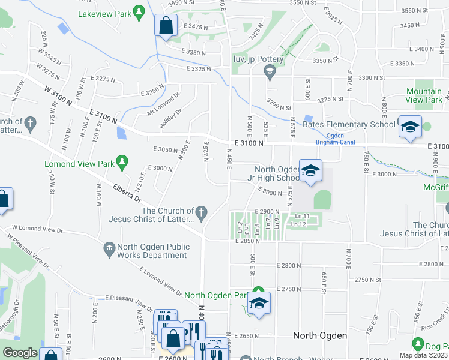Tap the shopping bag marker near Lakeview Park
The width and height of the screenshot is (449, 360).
[x=165, y=26]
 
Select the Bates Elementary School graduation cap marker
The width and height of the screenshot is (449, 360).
[x=410, y=127]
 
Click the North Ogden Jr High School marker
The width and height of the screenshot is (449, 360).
[x=310, y=171]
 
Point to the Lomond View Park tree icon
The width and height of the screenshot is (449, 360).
[x=122, y=163]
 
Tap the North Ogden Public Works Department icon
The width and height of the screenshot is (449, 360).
[x=109, y=248]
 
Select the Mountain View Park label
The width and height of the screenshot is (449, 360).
[x=424, y=95]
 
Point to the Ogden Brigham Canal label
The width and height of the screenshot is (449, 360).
[x=336, y=139]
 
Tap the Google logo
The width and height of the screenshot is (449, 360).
[x=20, y=352]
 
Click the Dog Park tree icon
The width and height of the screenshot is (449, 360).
[x=418, y=344]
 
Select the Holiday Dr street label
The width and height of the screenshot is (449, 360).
[x=170, y=119]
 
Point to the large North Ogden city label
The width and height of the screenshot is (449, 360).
[x=319, y=335]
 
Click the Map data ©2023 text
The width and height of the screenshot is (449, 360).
[x=424, y=355]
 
